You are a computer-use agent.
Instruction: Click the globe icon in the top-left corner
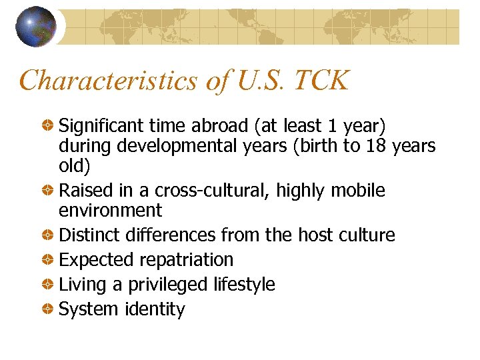[x=36, y=26]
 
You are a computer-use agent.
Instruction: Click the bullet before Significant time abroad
[x=48, y=127]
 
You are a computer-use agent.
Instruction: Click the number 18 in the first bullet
[x=378, y=146]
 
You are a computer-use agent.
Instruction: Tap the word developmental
[x=175, y=147]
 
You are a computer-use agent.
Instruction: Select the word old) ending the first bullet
[x=75, y=166]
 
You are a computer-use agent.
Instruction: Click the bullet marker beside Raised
[x=48, y=191]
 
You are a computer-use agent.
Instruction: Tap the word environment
[x=110, y=211]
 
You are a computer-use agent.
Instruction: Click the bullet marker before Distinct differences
[x=48, y=235]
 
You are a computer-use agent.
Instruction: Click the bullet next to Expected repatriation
[x=48, y=260]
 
